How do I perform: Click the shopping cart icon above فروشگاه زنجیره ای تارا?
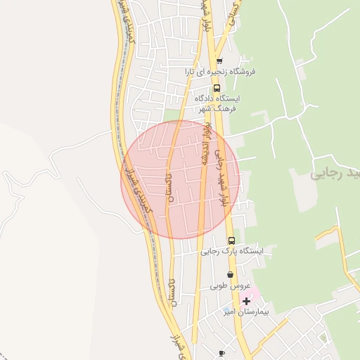220,61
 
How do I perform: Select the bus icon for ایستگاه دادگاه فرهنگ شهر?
216,89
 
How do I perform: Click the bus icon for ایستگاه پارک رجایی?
231,240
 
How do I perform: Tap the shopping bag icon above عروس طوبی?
230,275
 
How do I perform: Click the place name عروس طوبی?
230,286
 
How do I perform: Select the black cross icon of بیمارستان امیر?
246,301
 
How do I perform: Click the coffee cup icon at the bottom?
222,353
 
